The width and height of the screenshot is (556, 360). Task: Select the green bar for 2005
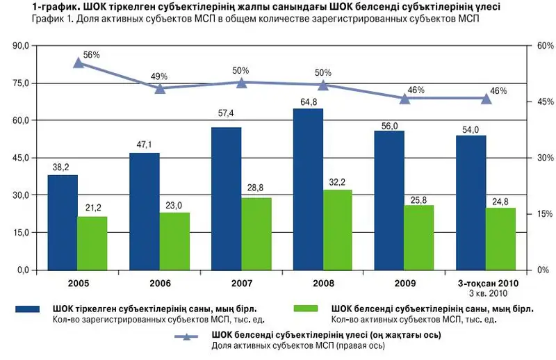coord(92,243)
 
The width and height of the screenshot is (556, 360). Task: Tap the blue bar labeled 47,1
coord(145,211)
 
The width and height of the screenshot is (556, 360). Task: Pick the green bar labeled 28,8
coord(256,234)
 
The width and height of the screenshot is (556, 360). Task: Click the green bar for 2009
coord(418,238)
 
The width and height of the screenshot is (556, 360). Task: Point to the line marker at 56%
coord(79,63)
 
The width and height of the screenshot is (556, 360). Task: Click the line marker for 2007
coord(242,83)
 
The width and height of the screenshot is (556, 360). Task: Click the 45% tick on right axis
coord(545,101)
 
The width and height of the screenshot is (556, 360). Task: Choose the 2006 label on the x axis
coord(160,284)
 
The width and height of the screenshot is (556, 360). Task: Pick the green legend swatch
coord(304,308)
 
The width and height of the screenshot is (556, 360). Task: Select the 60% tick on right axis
coord(545,45)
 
